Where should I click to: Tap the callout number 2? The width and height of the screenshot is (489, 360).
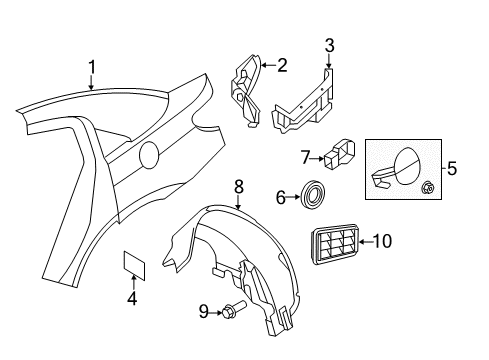tap(282, 66)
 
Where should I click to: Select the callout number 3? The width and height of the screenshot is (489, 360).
tap(329, 45)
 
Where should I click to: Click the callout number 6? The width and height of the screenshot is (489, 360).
tap(281, 198)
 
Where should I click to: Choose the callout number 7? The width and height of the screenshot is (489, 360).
tap(306, 156)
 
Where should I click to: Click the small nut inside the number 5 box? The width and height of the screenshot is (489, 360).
tap(427, 185)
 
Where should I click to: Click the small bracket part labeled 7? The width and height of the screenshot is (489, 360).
tap(339, 155)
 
